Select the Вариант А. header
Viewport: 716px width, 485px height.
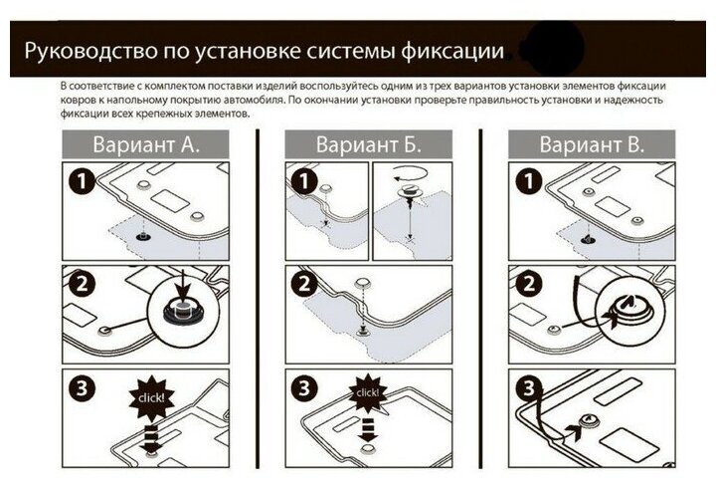pyautogui.click(x=146, y=143)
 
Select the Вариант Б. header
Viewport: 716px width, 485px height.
pyautogui.click(x=369, y=143)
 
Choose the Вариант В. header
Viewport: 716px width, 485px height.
pyautogui.click(x=592, y=143)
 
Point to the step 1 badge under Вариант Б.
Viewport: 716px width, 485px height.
pyautogui.click(x=300, y=179)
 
